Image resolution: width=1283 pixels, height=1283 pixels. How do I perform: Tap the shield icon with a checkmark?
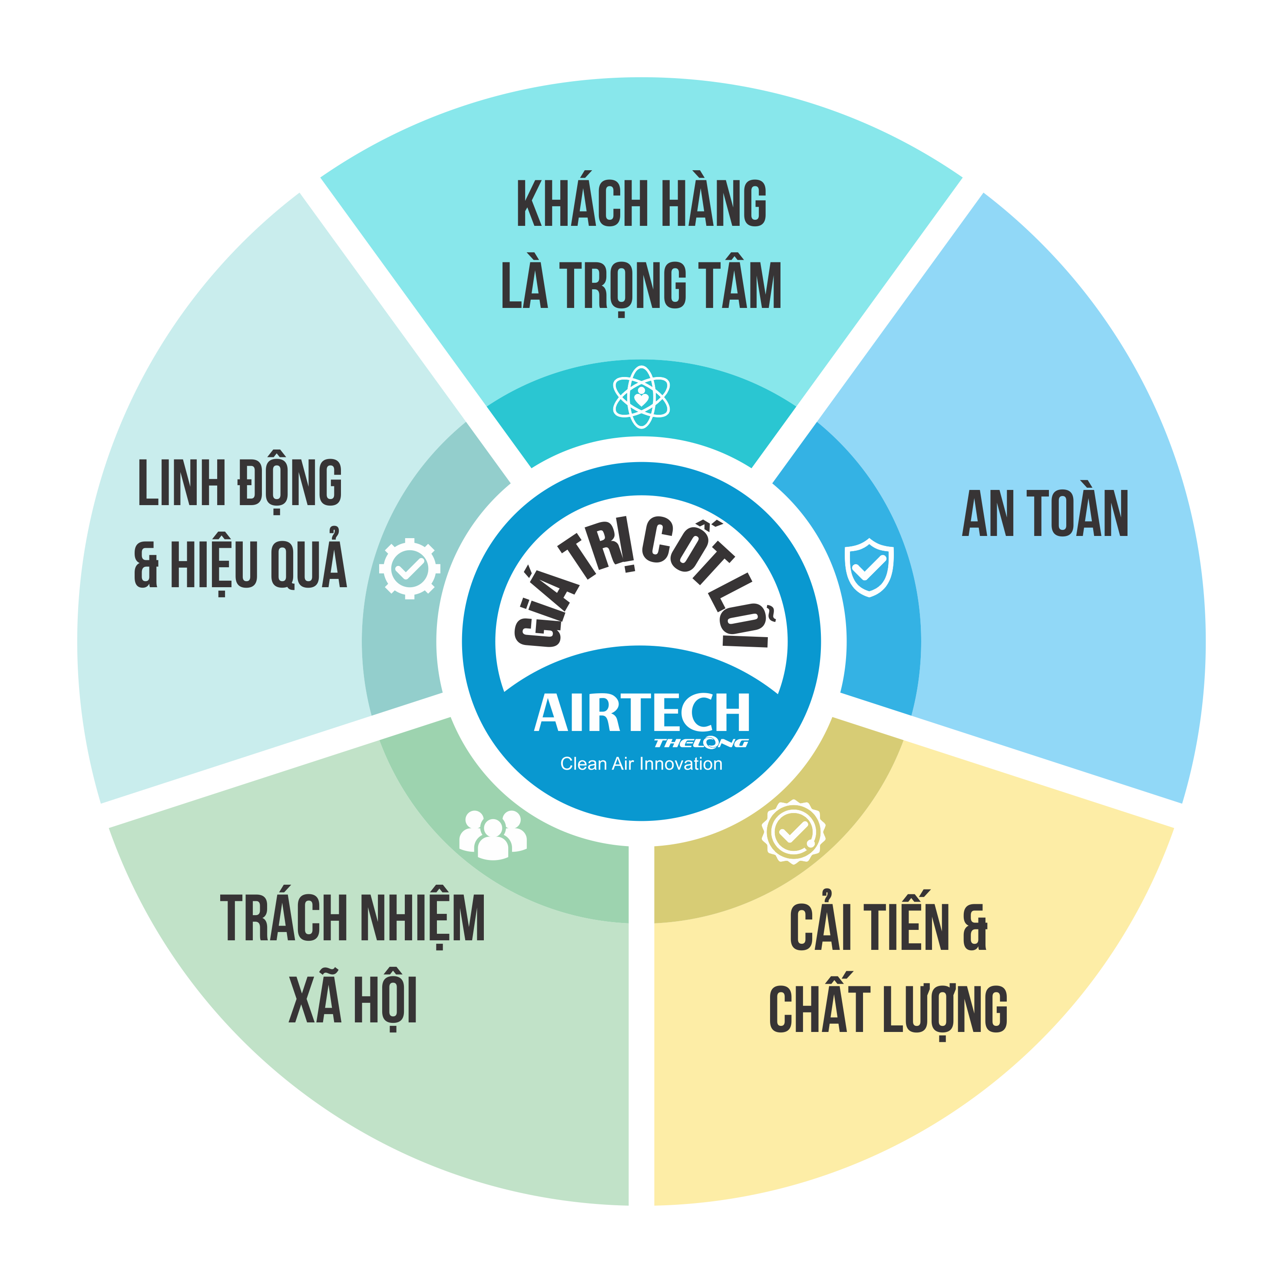click(x=869, y=567)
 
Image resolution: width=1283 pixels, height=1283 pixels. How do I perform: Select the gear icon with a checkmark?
click(x=410, y=569)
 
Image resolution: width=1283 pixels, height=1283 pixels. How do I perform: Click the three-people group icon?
click(x=493, y=835)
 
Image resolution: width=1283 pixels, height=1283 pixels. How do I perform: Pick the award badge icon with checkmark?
click(x=793, y=831)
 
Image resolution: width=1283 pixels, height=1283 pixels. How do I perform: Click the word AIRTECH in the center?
click(x=641, y=713)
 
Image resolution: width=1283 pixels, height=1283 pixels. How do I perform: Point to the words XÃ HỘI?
click(x=353, y=1001)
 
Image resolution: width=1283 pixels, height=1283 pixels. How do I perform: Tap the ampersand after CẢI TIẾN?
click(x=974, y=928)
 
